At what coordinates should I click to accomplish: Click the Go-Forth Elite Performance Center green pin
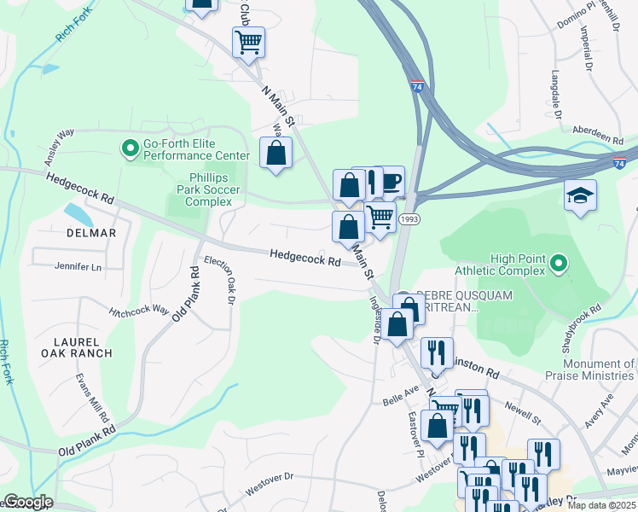pyautogui.click(x=130, y=149)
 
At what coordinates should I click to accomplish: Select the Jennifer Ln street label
pyautogui.click(x=78, y=267)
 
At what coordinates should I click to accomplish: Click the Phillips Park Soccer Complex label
pyautogui.click(x=210, y=189)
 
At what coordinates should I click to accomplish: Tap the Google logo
pyautogui.click(x=27, y=502)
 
